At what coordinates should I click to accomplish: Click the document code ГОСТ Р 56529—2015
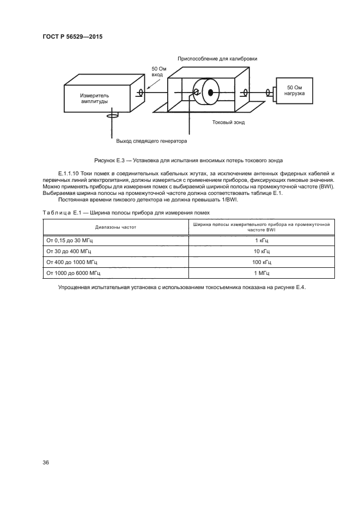coord(72,36)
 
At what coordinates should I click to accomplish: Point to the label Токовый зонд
coord(228,122)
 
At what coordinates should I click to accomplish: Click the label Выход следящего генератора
coord(151,142)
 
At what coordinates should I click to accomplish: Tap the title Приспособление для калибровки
coord(217,58)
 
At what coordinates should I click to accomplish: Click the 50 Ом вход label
coord(158,72)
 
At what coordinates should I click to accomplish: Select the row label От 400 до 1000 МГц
coord(74,262)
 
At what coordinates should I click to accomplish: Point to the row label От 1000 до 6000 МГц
coord(75,273)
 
